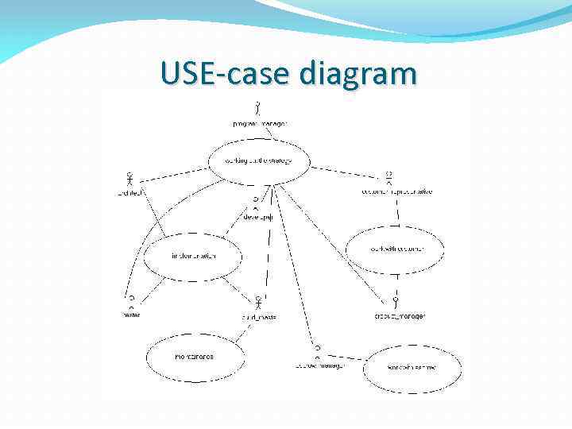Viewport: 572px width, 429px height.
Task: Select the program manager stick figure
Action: coord(257,108)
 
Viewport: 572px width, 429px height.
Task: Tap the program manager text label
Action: coord(260,124)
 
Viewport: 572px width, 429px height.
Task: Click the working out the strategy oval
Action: coord(259,161)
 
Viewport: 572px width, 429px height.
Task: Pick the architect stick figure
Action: coord(129,179)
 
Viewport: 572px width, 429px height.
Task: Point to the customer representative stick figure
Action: coord(389,177)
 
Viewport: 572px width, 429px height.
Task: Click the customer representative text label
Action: coord(396,192)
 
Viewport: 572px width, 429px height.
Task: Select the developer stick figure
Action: coord(256,203)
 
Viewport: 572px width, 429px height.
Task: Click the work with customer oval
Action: coord(395,249)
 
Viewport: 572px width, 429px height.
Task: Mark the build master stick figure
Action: coord(258,303)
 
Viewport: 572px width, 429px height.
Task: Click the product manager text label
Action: coord(400,316)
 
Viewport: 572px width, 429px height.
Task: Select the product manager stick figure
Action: coord(395,301)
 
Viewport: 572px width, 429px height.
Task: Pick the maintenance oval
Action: coord(193,357)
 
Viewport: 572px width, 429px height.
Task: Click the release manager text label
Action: coord(319,366)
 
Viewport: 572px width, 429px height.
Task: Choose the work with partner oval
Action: coord(412,369)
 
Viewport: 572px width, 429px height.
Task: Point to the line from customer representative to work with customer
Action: coord(394,211)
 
